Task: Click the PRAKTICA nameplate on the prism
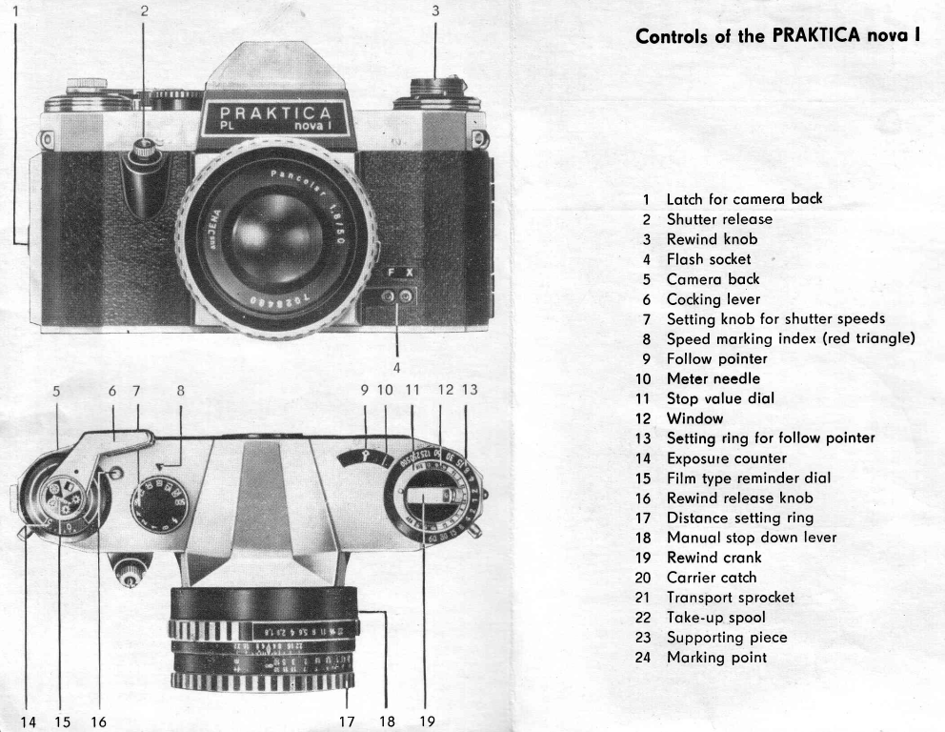click(x=277, y=120)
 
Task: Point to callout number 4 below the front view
click(x=397, y=365)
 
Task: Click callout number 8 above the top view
click(x=180, y=390)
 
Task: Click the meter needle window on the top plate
click(x=365, y=458)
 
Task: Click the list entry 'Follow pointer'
click(x=716, y=358)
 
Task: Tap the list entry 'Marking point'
click(x=716, y=658)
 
